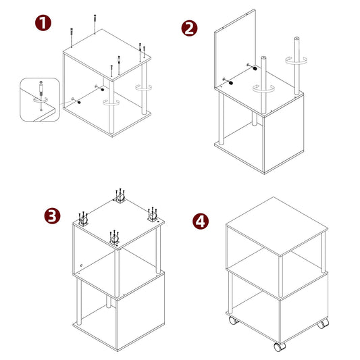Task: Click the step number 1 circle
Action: [x=43, y=24]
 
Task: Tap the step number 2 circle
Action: [x=190, y=28]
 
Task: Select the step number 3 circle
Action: [x=51, y=215]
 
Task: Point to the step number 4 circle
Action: [x=201, y=221]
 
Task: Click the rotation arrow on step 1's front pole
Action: [x=111, y=102]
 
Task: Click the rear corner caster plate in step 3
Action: [x=120, y=198]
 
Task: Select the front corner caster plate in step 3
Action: [x=113, y=238]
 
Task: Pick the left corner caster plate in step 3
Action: [x=84, y=219]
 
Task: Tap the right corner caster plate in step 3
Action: [x=151, y=217]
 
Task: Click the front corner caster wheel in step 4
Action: [x=279, y=346]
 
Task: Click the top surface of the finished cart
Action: [x=276, y=226]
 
